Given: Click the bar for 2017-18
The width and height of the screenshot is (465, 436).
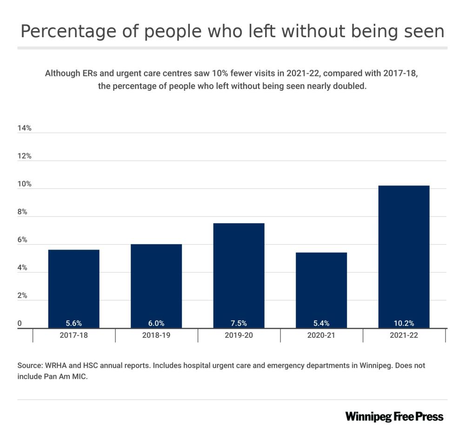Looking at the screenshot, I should pos(73,288).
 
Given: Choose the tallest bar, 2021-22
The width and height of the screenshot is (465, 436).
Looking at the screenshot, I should pos(404,256).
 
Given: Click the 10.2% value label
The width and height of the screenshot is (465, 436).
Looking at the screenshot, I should pos(404,323).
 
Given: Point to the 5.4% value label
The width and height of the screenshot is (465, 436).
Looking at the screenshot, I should pos(321,323).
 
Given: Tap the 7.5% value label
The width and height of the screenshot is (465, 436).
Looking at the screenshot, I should pos(239,323).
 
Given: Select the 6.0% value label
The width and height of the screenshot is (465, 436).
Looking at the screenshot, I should pos(156,323).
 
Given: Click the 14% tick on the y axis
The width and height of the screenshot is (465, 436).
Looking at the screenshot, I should pos(24,128).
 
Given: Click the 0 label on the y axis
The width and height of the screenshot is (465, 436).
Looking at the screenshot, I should pos(20,324).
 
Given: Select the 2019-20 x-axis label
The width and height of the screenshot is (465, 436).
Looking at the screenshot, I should pos(239,335).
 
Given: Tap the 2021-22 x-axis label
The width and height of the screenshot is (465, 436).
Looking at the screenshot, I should pos(404,335).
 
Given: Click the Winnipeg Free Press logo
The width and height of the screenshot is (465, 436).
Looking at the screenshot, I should pos(394,416).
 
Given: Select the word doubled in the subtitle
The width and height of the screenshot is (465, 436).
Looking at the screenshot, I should pos(351,87).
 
